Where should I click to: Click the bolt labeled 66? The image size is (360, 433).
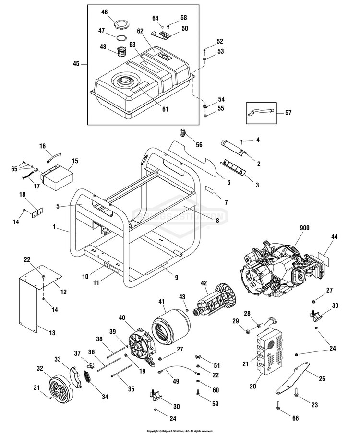coord(279,406)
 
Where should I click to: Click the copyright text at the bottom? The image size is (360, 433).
coord(180,431)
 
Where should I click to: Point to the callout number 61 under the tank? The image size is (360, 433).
coord(165,109)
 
